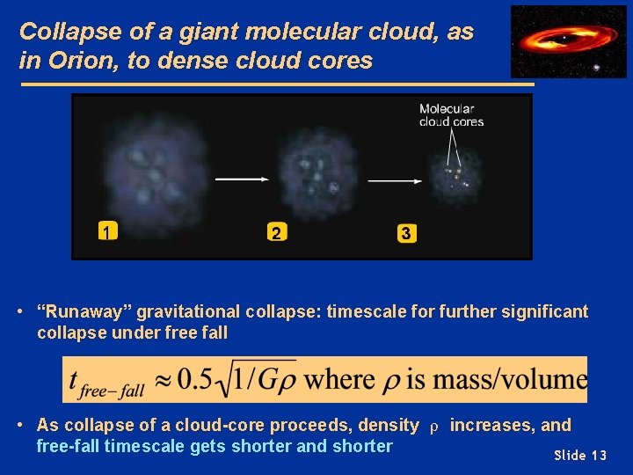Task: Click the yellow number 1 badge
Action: (107, 232)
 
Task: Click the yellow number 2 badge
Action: (276, 233)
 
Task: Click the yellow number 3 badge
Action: (406, 233)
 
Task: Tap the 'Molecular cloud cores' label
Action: (451, 115)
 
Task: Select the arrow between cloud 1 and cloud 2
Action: (242, 179)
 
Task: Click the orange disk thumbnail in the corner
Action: (557, 40)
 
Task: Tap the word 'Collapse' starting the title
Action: (60, 32)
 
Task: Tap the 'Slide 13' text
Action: (580, 455)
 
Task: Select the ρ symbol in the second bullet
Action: (433, 427)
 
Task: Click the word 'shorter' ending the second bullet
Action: (361, 446)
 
